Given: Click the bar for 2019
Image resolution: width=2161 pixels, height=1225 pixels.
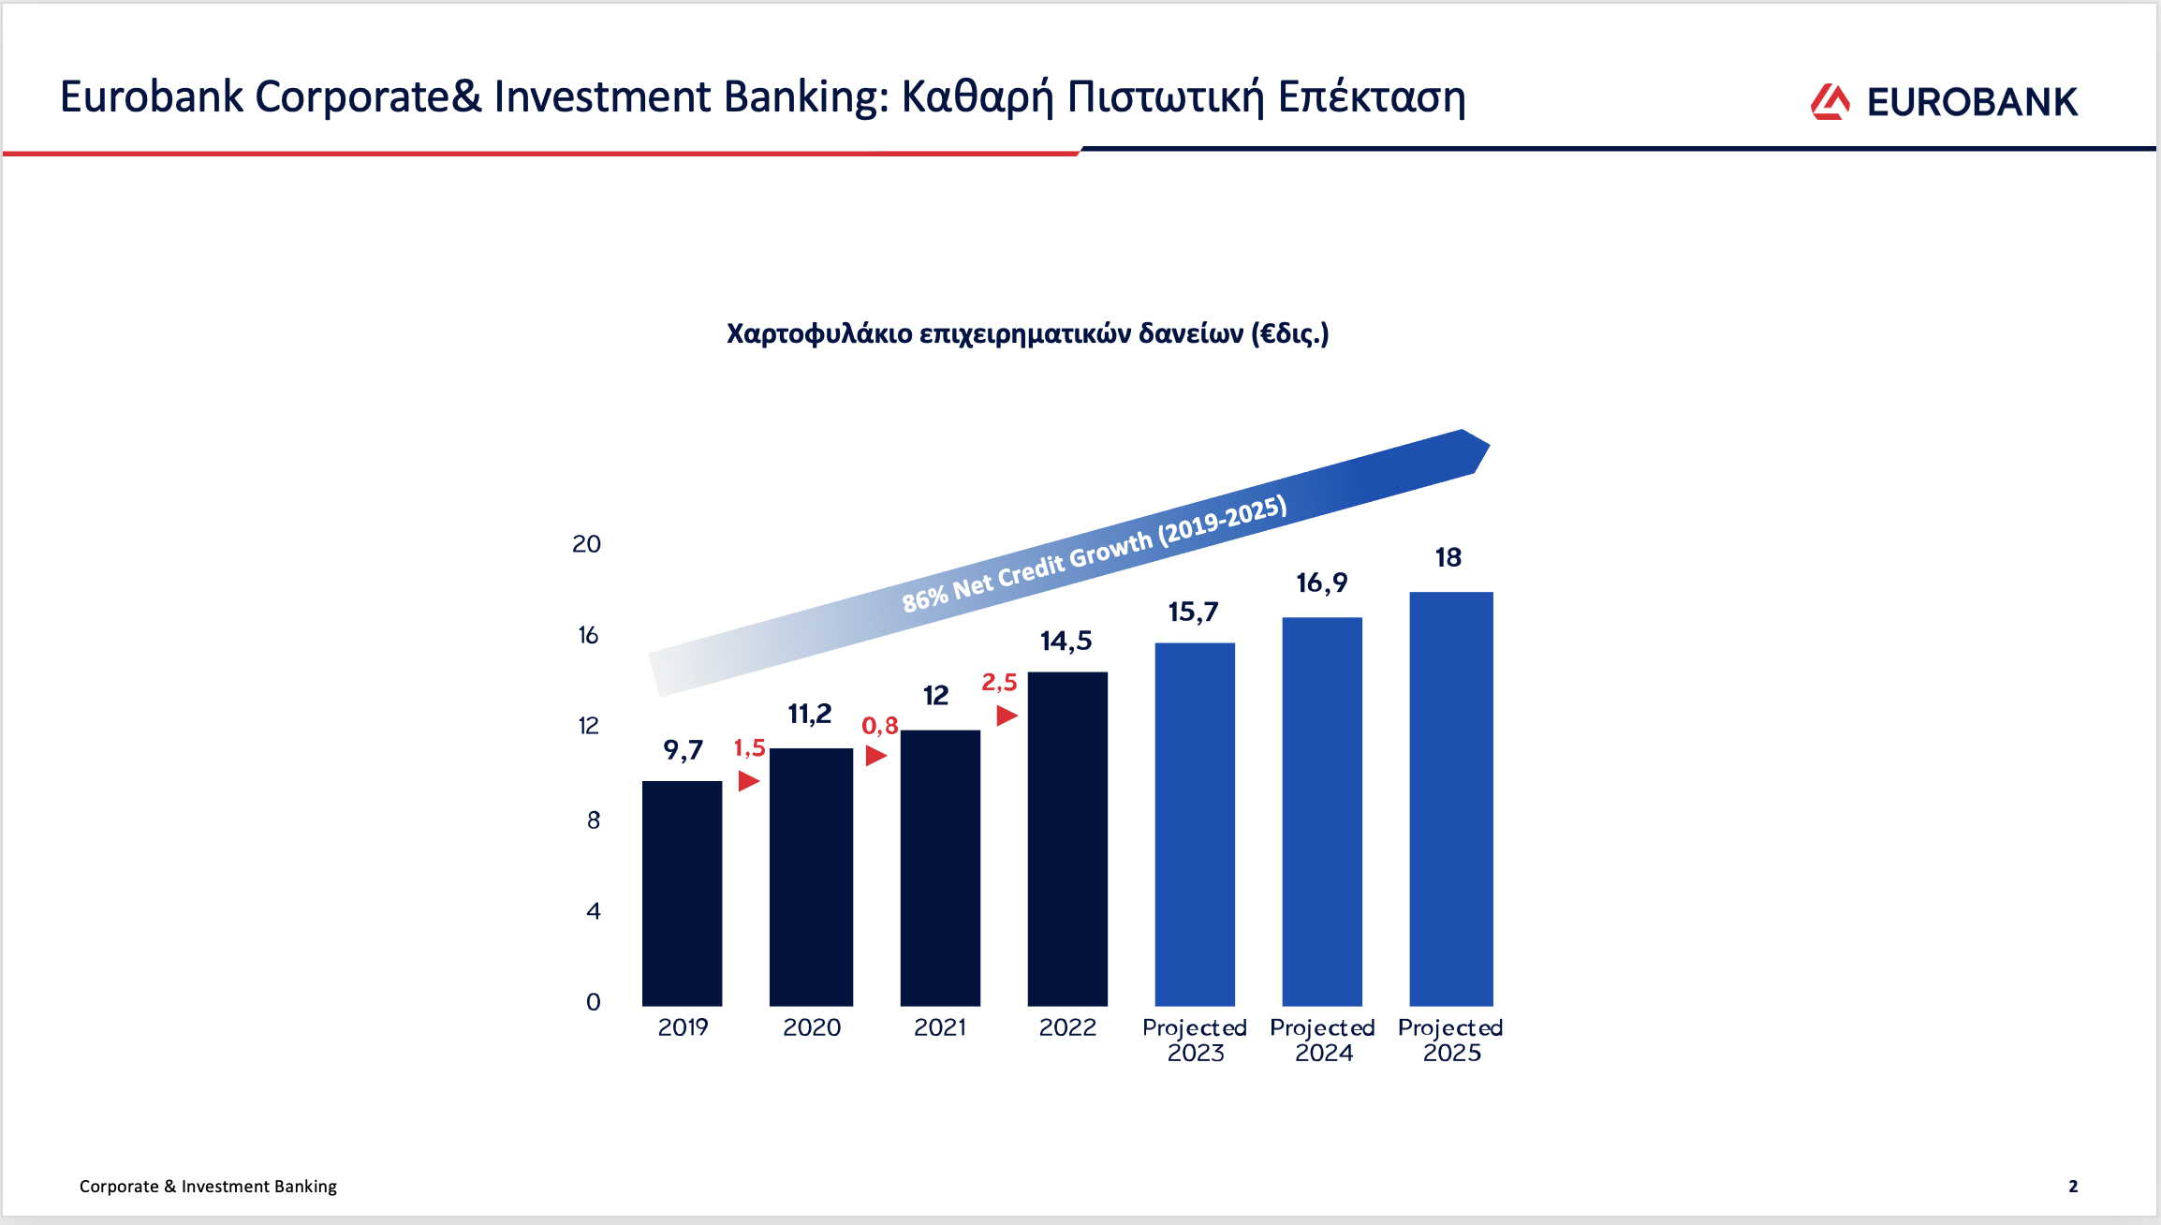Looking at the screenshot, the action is click(x=682, y=893).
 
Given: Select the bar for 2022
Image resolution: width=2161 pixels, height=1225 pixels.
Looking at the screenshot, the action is click(x=1067, y=839).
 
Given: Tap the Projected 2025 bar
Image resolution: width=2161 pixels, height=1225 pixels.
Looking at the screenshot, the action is click(x=1451, y=799).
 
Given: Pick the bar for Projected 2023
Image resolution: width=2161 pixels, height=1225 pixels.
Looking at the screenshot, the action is click(x=1195, y=824).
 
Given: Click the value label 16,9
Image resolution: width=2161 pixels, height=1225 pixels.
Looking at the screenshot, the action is click(x=1321, y=583).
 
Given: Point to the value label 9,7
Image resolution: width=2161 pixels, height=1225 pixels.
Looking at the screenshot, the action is click(x=683, y=750).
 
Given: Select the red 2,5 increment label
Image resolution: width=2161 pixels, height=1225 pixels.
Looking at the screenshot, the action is click(x=999, y=683).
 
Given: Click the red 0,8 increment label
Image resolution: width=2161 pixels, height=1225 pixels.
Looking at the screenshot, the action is click(x=880, y=726).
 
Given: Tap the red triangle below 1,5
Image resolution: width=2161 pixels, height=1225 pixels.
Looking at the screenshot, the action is click(x=748, y=780).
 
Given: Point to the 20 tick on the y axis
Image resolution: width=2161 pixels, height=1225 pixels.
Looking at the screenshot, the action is click(x=586, y=544).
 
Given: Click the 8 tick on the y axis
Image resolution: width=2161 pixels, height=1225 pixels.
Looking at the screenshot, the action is click(x=594, y=820).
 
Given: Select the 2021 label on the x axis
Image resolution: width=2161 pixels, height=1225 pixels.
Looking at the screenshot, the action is click(x=940, y=1027).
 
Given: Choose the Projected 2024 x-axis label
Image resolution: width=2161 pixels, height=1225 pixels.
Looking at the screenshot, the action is click(x=1322, y=1041).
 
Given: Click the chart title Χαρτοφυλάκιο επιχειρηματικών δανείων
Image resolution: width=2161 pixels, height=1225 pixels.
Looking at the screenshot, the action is click(x=985, y=333).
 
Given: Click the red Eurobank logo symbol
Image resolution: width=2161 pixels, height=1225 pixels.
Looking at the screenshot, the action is click(x=1830, y=102).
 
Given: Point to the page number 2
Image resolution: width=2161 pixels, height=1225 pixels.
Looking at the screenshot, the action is click(x=2073, y=1187).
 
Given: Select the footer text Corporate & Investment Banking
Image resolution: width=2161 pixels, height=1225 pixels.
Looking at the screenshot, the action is click(x=208, y=1187).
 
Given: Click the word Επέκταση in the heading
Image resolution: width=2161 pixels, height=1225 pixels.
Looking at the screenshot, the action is click(x=1372, y=97).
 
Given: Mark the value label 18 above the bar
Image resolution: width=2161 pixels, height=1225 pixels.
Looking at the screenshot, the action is click(x=1448, y=558).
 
